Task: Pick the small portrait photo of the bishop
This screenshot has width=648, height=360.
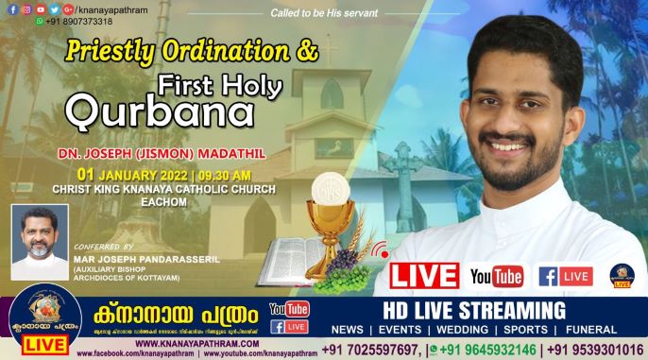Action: coord(39,242)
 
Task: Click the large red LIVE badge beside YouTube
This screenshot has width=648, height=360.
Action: coord(424,275)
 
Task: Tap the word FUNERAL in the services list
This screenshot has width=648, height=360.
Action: coord(613,331)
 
